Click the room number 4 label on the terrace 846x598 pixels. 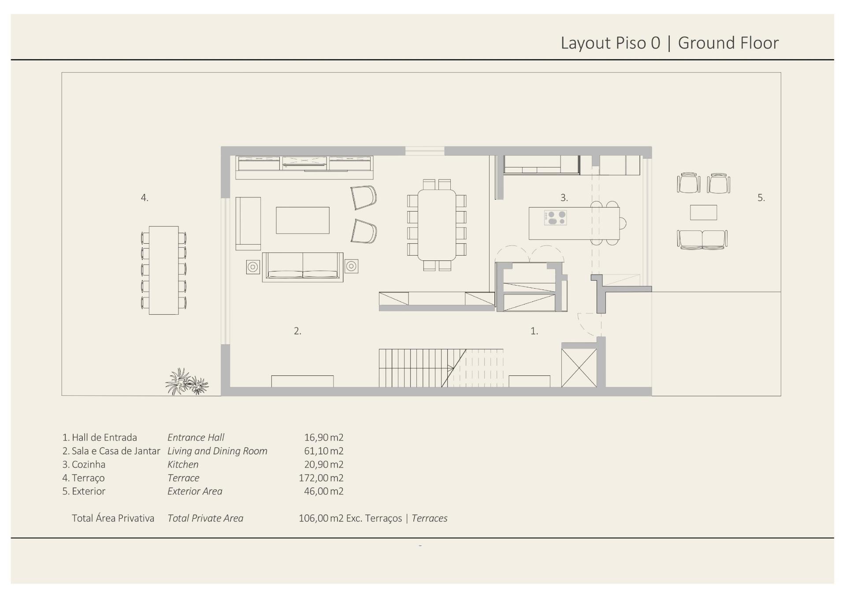coord(145,198)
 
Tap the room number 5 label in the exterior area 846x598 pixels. coord(761,198)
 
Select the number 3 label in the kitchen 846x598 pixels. coord(564,198)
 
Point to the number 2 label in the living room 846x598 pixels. coord(297,331)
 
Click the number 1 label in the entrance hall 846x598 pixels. coord(534,331)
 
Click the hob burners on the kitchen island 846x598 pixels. coord(555,218)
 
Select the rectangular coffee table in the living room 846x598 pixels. coord(303,220)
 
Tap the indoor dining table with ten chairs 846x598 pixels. coord(437,225)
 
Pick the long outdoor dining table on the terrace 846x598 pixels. coord(163,270)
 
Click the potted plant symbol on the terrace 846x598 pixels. coord(187,382)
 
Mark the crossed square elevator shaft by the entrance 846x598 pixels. coord(579,368)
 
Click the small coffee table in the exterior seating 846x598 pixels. coord(703,212)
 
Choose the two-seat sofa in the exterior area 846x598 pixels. coord(702,239)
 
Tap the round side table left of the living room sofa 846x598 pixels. coord(253,267)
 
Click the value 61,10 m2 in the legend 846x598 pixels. coord(323,451)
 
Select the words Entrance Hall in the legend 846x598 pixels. coord(196,438)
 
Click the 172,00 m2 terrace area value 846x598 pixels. coord(321,478)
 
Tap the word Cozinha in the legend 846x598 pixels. coord(89,464)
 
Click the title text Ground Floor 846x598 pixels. coord(728,43)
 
